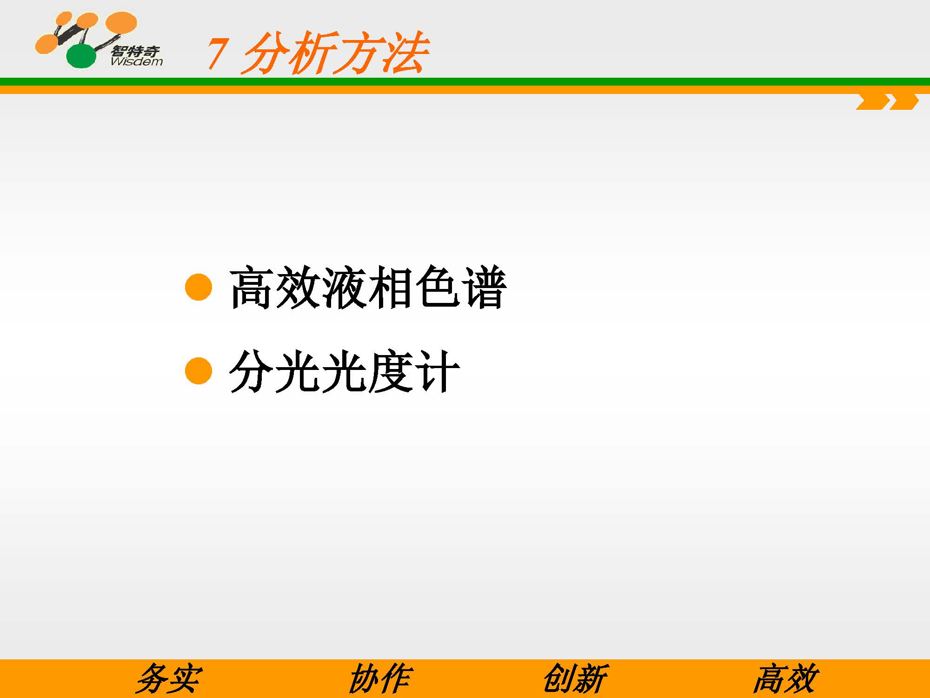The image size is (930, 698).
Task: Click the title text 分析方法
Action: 334,53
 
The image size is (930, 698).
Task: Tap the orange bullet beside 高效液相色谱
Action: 199,287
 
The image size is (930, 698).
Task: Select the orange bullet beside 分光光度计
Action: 199,371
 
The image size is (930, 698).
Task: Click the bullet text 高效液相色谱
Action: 368,287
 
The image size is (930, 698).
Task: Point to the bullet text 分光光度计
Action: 345,371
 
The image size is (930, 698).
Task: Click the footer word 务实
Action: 169,679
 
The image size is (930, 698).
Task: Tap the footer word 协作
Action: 380,679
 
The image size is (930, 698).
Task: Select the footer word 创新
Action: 575,679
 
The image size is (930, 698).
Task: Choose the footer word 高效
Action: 785,679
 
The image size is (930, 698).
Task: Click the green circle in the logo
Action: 81,56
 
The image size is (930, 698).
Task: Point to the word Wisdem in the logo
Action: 137,61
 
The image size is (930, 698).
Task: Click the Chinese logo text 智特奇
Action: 135,51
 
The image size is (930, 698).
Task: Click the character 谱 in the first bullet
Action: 484,287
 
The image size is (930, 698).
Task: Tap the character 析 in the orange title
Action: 311,53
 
